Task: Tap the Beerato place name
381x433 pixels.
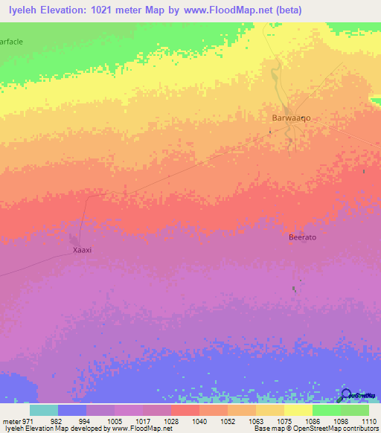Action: coord(303,237)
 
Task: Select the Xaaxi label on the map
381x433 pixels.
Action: coord(82,250)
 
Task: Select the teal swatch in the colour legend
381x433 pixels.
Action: coord(44,410)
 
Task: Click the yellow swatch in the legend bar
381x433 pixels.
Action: coord(298,410)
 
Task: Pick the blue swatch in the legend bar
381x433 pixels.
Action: coord(72,410)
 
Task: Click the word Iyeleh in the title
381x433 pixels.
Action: coord(22,10)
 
